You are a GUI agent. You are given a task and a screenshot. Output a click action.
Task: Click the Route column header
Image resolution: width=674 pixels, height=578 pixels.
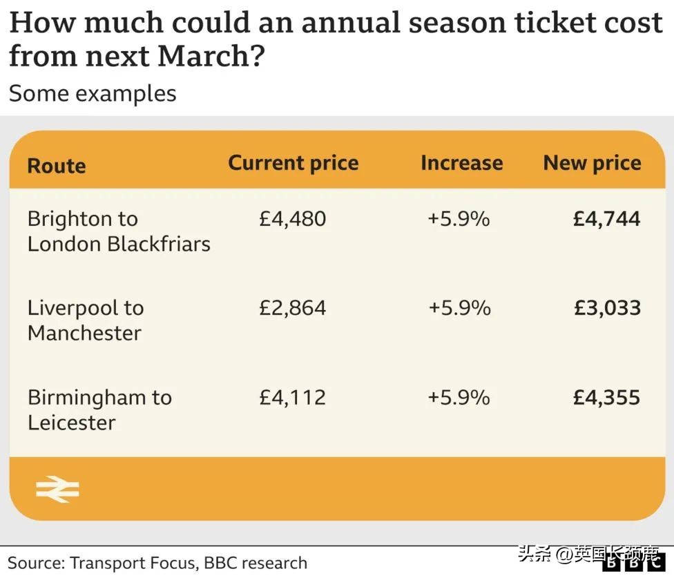tap(57, 166)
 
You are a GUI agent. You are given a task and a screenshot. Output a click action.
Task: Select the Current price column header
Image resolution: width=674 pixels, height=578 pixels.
tap(293, 163)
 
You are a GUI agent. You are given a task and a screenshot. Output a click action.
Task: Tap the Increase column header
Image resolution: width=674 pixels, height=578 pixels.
tap(461, 163)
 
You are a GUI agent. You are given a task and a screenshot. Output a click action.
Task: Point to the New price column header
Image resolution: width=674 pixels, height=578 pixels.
tap(592, 163)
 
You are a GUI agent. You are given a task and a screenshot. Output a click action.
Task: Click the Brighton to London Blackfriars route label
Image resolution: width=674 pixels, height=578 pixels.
tap(118, 231)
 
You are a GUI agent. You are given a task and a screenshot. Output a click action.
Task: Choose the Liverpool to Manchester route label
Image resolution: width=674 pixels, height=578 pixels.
tap(86, 320)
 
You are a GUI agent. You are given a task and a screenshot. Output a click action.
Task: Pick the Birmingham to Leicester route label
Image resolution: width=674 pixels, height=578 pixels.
tap(99, 410)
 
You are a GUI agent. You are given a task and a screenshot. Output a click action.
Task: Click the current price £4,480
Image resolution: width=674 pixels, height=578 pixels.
tap(292, 219)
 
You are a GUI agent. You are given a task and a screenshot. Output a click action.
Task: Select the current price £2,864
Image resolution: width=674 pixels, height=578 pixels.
tap(292, 308)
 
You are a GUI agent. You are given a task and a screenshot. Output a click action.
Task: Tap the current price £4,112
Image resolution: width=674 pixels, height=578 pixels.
tap(292, 397)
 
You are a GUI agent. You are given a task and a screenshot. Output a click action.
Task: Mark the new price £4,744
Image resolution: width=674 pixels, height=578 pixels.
tap(606, 219)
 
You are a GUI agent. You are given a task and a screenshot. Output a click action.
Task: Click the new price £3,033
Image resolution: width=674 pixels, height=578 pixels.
tap(607, 308)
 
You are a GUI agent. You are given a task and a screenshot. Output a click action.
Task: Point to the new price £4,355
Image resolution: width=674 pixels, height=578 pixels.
tap(606, 397)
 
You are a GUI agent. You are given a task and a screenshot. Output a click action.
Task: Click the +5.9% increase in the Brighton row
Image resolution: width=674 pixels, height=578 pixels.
tap(459, 219)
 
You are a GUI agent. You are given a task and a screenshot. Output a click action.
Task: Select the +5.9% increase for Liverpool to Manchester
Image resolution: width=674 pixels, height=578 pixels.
tap(459, 308)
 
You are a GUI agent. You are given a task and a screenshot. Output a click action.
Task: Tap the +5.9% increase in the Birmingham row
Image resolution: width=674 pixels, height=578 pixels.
tap(459, 397)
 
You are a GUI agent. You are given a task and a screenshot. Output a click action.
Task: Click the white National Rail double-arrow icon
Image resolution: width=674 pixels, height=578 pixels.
tap(57, 490)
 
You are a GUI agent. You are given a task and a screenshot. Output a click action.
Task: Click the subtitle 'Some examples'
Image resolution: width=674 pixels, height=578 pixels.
tap(93, 93)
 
